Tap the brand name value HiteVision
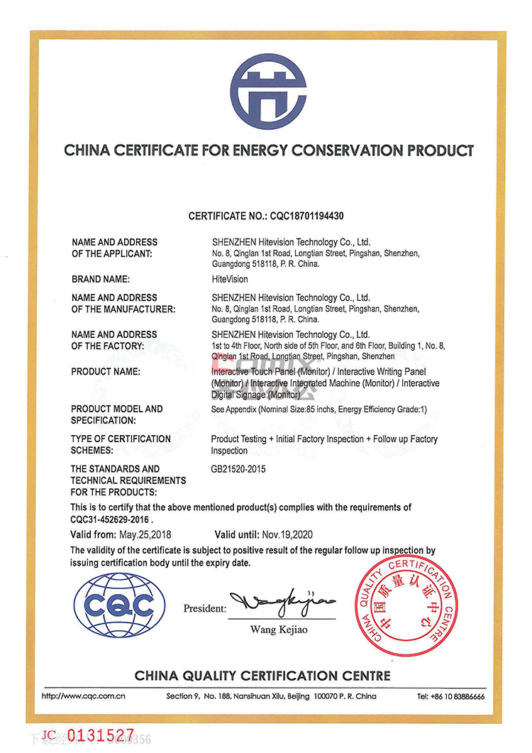click(229, 280)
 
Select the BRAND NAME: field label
click(101, 280)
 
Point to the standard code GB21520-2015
click(238, 469)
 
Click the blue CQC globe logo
click(119, 605)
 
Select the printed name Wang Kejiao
click(279, 630)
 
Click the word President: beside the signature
click(205, 608)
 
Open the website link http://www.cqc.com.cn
click(84, 696)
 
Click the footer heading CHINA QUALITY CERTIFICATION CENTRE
click(262, 675)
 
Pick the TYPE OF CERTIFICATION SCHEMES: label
click(121, 444)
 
